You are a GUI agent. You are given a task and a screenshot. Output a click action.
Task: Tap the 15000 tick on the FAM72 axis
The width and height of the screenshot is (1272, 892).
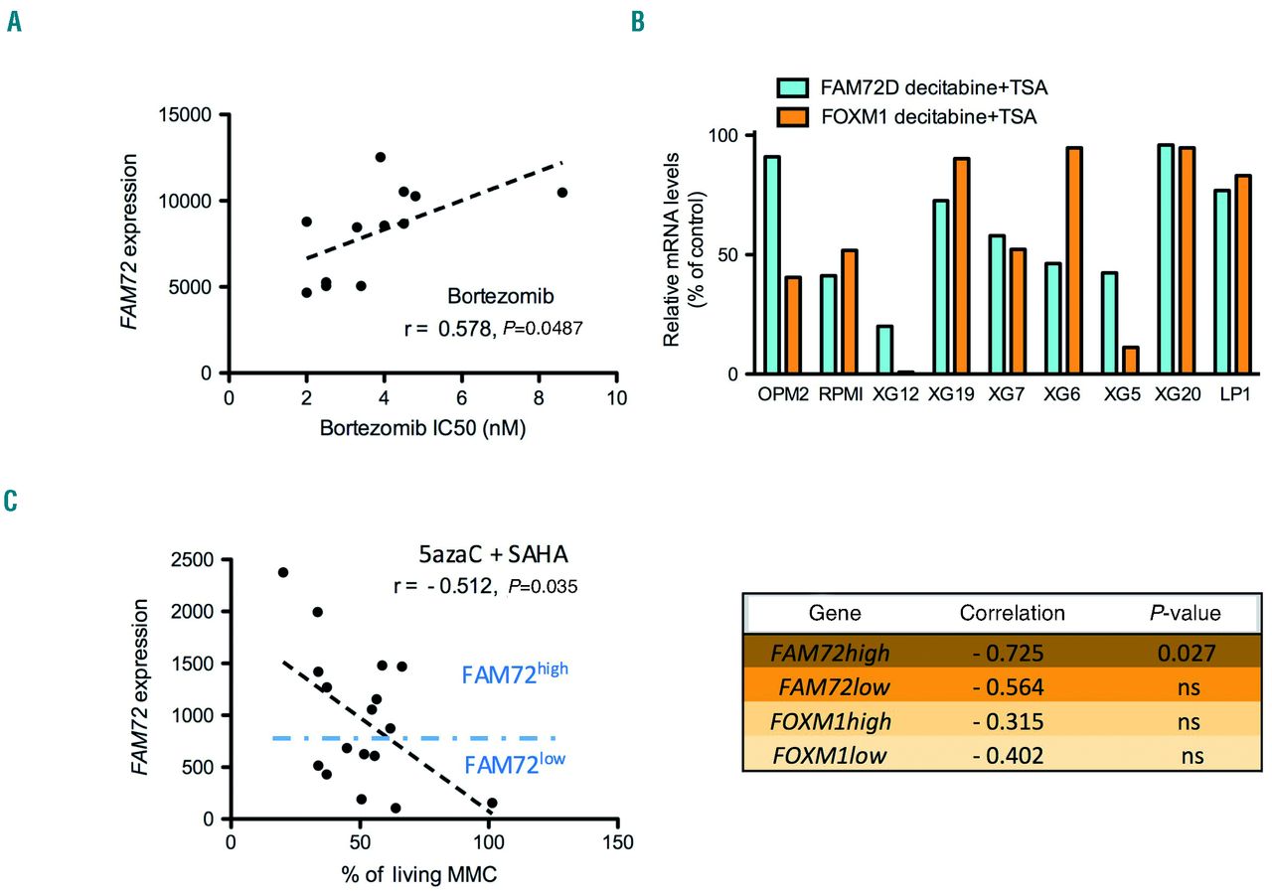pyautogui.click(x=190, y=114)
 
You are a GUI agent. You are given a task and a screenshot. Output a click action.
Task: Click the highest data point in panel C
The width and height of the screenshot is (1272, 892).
pyautogui.click(x=282, y=572)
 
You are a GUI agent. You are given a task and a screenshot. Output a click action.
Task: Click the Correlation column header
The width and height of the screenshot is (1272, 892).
pyautogui.click(x=1013, y=613)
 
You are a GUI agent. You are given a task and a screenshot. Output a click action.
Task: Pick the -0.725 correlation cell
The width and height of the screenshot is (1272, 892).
pyautogui.click(x=1011, y=653)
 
